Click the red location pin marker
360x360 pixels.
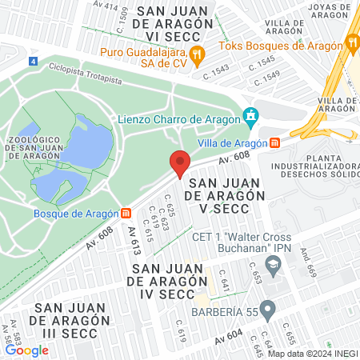coord(180,162)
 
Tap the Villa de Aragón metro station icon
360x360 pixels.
coord(275,143)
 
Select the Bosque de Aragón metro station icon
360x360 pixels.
coord(126,214)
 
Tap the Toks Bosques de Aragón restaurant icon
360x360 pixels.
coord(352,41)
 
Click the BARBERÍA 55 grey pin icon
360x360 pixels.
coord(268,307)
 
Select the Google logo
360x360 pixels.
coord(26,350)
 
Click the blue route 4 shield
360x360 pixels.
coord(32,61)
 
